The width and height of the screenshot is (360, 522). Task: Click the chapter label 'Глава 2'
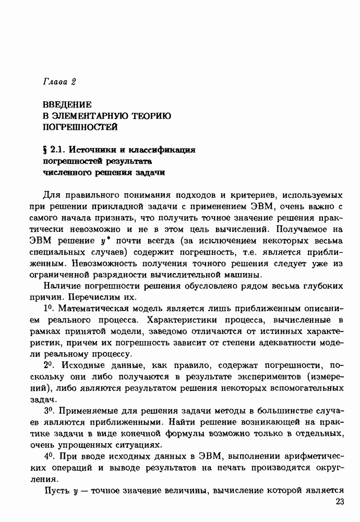59,81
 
